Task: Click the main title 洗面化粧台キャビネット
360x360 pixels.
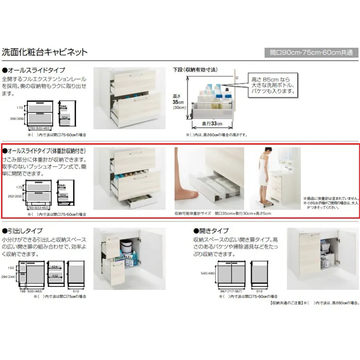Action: coord(45,52)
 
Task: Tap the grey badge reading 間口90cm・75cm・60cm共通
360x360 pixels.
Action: coord(312,53)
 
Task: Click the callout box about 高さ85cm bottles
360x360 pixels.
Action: coord(273,86)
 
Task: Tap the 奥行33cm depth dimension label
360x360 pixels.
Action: coord(210,124)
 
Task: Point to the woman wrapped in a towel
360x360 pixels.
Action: coord(263,174)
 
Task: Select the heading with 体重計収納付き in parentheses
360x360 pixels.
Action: coord(48,151)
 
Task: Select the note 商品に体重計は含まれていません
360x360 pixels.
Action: coord(331,198)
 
